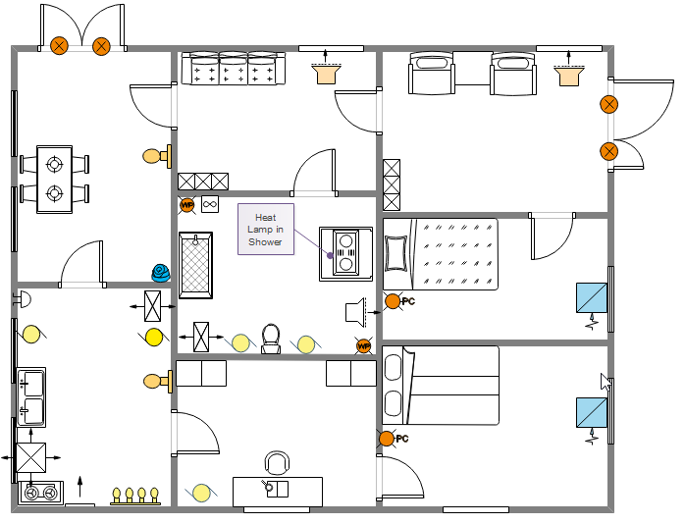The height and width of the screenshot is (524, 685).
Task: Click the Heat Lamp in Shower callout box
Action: (x=266, y=230)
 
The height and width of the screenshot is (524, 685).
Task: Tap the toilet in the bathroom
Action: (x=272, y=339)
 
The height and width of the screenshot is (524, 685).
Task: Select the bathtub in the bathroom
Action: (x=196, y=266)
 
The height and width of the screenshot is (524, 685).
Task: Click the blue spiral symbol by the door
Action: (x=160, y=272)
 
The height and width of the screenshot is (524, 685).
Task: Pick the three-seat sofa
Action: (x=233, y=69)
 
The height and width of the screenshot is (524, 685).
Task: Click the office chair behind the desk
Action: (x=278, y=463)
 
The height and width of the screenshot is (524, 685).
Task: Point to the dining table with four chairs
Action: (x=54, y=179)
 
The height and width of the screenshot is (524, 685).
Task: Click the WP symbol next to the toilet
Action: (x=364, y=345)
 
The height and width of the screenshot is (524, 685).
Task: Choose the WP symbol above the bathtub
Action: (x=187, y=205)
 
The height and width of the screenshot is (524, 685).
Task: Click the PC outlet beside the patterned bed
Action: (x=393, y=301)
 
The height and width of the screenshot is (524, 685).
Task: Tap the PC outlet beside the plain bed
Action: (x=388, y=439)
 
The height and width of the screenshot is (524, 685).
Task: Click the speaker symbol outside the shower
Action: (x=356, y=311)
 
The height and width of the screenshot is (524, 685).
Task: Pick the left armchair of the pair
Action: (x=433, y=74)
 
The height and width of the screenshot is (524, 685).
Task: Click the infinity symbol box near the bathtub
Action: (x=209, y=205)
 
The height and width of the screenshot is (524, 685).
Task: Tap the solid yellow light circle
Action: (x=154, y=338)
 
